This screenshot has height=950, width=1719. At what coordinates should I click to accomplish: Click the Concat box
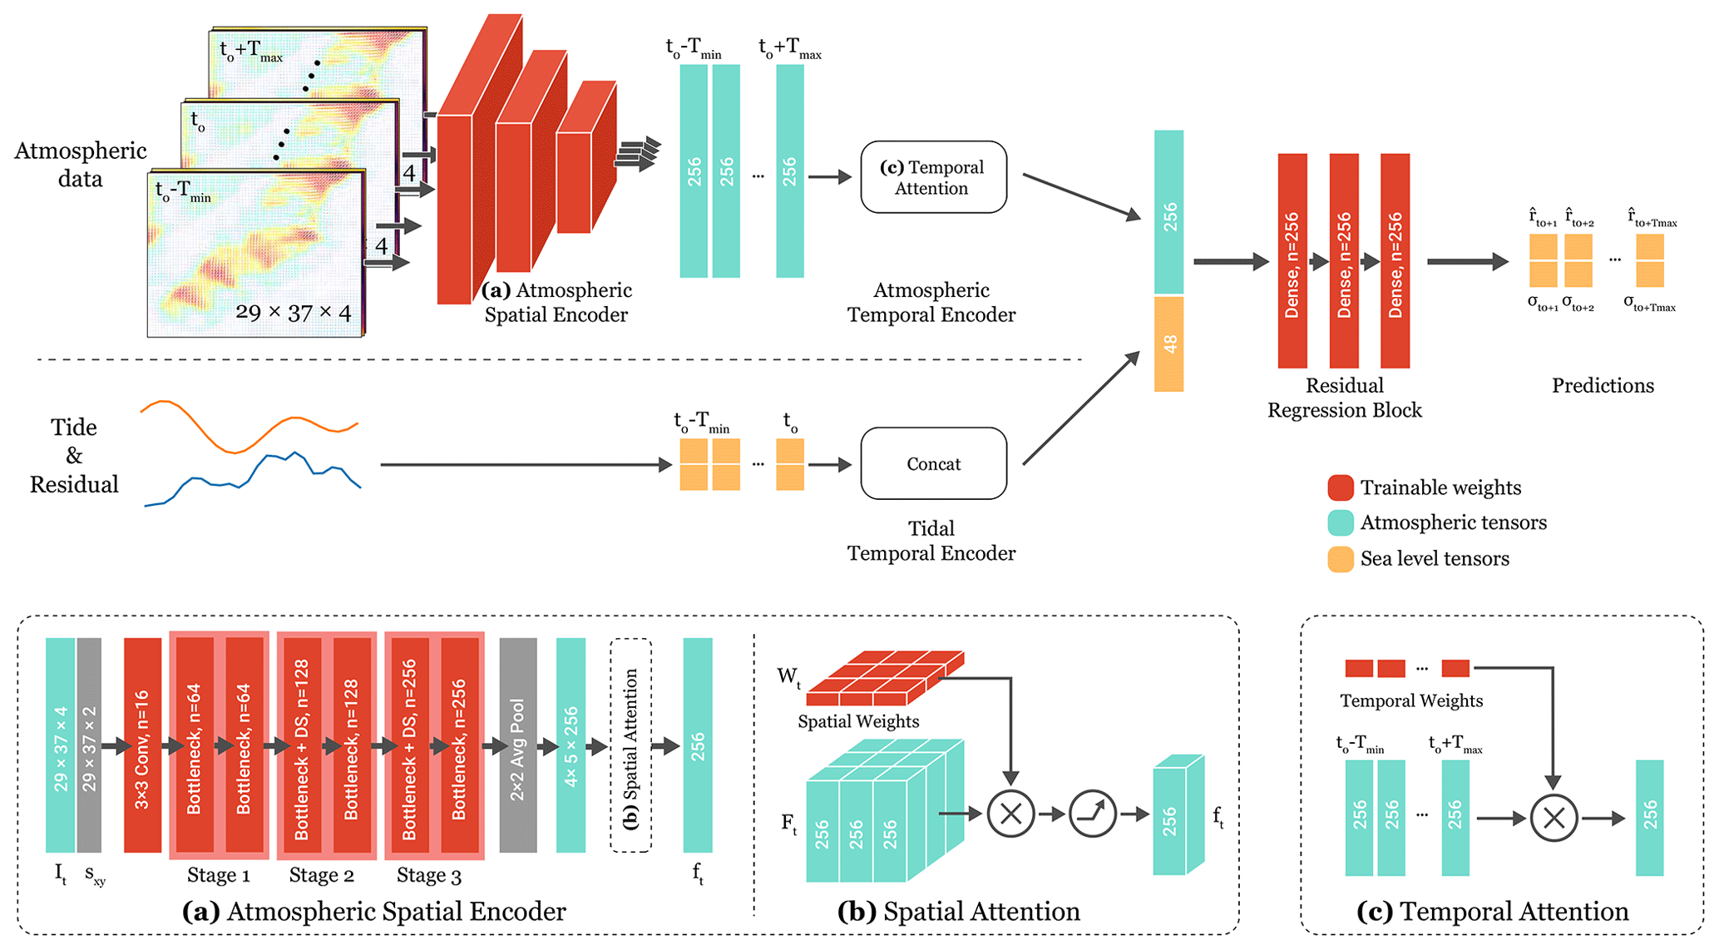933,463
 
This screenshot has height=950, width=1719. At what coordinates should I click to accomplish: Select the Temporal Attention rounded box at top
933,177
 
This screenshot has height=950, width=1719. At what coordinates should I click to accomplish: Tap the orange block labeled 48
1168,344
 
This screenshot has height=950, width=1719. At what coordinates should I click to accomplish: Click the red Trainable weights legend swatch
1340,487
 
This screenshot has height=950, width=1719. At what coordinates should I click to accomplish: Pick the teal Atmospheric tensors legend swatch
1340,522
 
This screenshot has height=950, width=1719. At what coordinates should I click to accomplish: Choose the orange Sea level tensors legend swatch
1340,559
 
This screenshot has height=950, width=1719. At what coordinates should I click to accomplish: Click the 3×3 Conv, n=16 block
142,745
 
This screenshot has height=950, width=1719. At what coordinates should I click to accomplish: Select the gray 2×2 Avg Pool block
517,745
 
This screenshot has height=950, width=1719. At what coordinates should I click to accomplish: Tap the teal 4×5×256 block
571,745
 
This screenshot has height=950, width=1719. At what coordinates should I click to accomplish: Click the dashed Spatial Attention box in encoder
630,745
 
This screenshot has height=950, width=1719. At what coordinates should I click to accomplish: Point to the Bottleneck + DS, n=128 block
301,745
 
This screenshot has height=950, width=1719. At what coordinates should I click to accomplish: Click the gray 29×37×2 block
89,745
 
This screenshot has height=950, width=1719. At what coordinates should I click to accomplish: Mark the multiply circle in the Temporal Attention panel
1554,818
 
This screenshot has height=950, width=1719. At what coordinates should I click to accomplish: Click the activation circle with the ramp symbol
1092,814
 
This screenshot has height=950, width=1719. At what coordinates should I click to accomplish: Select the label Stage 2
321,875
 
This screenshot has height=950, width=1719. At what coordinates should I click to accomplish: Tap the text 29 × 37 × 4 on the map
293,313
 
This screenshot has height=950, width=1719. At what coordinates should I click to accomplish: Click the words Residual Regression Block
1344,398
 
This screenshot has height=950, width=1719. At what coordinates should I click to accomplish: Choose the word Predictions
1603,385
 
